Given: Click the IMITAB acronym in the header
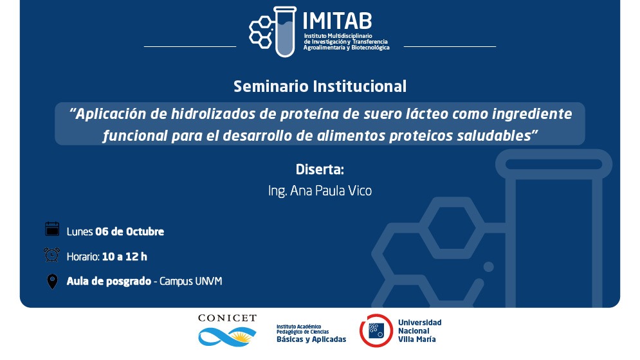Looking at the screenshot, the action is click(x=337, y=21).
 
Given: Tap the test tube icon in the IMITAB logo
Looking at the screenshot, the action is click(x=285, y=32).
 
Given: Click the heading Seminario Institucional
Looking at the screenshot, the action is click(x=320, y=87).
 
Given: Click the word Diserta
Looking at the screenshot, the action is click(x=320, y=169).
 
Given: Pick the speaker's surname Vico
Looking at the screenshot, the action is click(x=360, y=191).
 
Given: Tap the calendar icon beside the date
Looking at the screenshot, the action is click(x=52, y=229).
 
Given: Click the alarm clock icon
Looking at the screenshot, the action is click(x=52, y=255).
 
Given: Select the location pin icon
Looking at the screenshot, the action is click(x=52, y=282).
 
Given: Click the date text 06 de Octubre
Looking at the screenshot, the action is click(x=129, y=231).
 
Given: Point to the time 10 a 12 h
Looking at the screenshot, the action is click(x=125, y=256).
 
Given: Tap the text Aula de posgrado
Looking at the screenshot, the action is click(x=109, y=281).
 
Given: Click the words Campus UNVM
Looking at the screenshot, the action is click(x=190, y=281).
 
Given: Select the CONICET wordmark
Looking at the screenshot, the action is click(x=227, y=318).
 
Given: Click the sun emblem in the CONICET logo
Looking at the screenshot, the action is click(x=244, y=336).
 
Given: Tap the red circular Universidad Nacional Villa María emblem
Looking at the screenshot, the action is click(x=376, y=330).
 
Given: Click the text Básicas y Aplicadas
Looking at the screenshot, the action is click(x=311, y=339).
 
